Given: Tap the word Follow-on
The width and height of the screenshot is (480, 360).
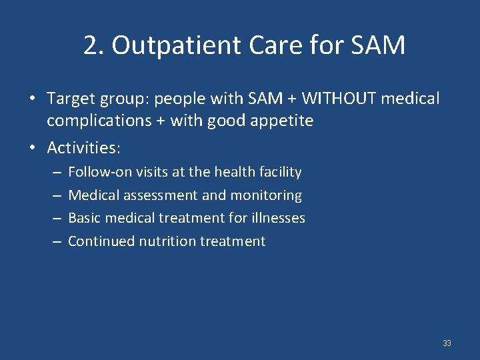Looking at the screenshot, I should point(100,172).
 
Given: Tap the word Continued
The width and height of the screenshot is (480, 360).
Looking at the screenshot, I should point(101,241).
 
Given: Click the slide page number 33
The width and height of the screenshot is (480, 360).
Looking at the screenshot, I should point(447,343).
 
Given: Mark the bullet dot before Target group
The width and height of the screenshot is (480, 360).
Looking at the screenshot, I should point(32,99).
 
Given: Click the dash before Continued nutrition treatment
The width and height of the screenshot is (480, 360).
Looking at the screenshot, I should point(55,241).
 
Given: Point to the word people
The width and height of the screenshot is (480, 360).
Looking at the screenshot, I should point(177,99).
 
